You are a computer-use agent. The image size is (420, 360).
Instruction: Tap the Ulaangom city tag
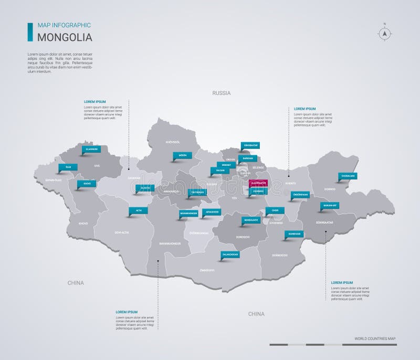tap(90, 149)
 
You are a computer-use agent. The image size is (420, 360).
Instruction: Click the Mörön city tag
tap(182, 155)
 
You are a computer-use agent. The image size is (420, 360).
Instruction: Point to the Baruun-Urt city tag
tap(329, 205)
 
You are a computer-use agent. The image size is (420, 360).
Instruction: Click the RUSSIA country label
tap(222, 93)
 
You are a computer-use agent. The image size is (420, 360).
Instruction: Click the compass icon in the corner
tap(385, 33)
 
